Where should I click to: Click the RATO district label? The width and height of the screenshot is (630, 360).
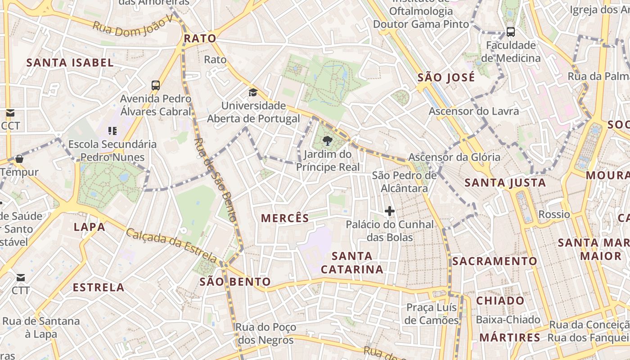click(x=200, y=39)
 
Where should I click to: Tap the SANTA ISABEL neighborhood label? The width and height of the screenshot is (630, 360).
click(x=70, y=63)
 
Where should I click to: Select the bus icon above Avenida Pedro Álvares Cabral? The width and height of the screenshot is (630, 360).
click(x=155, y=85)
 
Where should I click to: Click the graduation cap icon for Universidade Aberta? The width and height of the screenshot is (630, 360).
click(x=253, y=93)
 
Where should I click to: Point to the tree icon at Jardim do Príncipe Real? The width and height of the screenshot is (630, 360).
click(x=328, y=141)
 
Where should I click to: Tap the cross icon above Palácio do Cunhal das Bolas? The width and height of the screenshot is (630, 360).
click(x=390, y=211)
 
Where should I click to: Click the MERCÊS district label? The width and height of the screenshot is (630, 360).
click(x=285, y=218)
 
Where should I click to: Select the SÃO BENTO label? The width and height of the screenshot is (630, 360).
click(x=235, y=282)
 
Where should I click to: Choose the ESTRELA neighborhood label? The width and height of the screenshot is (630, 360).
click(x=99, y=287)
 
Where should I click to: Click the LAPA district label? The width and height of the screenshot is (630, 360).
click(x=90, y=227)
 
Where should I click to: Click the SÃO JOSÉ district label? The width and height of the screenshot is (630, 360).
click(x=446, y=77)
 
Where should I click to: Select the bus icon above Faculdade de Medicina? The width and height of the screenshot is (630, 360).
click(x=510, y=32)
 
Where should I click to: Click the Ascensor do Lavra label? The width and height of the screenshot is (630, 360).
click(x=474, y=111)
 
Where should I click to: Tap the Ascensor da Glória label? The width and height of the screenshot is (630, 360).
click(x=454, y=157)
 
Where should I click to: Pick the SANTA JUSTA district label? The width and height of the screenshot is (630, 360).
click(x=505, y=183)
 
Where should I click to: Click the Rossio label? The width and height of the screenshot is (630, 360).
click(x=554, y=214)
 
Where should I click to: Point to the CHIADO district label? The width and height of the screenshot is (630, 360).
click(x=500, y=301)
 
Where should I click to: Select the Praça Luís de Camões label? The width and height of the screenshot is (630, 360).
click(x=432, y=314)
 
